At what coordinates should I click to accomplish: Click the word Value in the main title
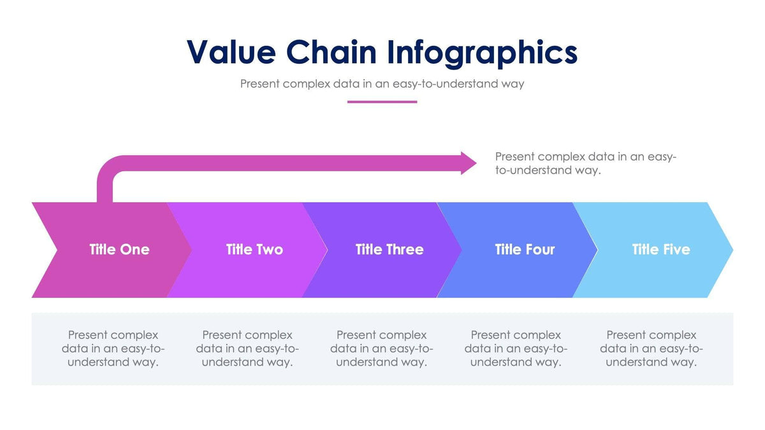(x=230, y=52)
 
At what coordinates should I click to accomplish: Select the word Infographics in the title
(x=482, y=52)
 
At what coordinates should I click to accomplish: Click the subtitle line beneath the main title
(x=382, y=83)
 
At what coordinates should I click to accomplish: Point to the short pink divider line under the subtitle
(x=382, y=101)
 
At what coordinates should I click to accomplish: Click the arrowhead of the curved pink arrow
(x=469, y=163)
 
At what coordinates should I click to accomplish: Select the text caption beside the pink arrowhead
(x=585, y=164)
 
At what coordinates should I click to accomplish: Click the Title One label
(x=119, y=249)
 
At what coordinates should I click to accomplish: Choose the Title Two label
(x=254, y=249)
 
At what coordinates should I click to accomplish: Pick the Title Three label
(x=390, y=249)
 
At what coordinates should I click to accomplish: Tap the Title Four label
(x=525, y=249)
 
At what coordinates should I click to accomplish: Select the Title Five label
(x=660, y=249)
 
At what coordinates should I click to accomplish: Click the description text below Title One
(x=113, y=348)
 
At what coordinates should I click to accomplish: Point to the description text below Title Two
(x=247, y=348)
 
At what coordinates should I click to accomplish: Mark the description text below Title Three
(x=381, y=348)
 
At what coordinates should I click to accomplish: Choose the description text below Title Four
(x=516, y=348)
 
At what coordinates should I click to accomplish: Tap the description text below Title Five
(x=651, y=348)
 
